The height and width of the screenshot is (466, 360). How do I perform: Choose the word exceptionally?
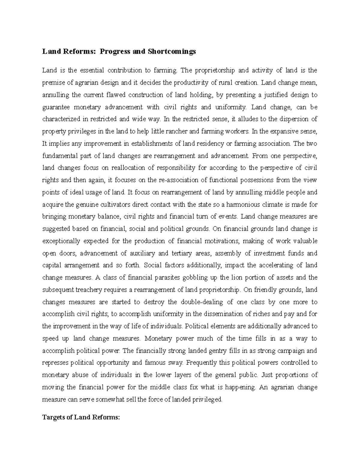(61, 241)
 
